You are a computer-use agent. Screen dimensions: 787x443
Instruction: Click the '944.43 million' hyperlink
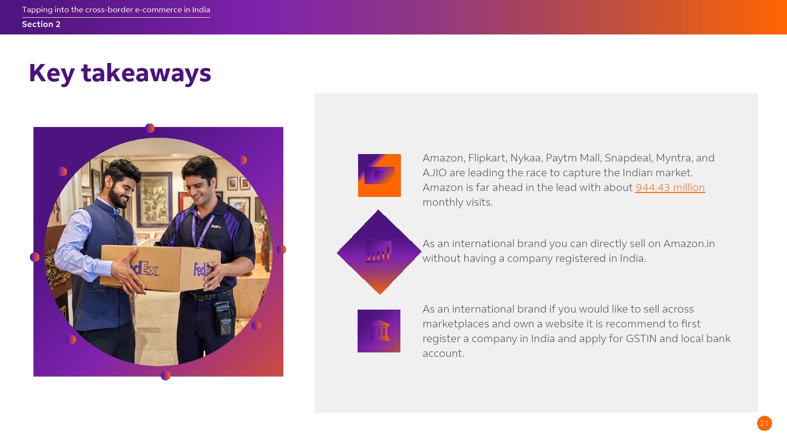click(669, 188)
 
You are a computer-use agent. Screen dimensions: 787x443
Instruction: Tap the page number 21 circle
click(764, 423)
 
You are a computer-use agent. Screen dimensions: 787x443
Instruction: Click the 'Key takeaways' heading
click(120, 73)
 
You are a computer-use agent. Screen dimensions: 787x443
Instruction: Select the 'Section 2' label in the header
click(41, 24)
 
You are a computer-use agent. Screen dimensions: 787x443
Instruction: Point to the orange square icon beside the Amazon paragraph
click(379, 175)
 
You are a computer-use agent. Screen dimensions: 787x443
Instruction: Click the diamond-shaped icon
click(379, 252)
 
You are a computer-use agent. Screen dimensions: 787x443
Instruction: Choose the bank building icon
click(379, 331)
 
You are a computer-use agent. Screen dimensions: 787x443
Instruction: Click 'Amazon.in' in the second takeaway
click(689, 244)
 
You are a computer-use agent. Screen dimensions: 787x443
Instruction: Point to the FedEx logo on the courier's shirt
click(216, 227)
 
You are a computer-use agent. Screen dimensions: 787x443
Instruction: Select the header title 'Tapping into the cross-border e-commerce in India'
click(116, 9)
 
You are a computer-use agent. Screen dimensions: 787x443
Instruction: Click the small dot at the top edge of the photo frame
click(150, 128)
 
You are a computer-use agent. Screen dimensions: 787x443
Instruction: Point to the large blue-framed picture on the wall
click(155, 199)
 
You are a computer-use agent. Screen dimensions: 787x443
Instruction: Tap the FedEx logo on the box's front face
click(146, 269)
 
